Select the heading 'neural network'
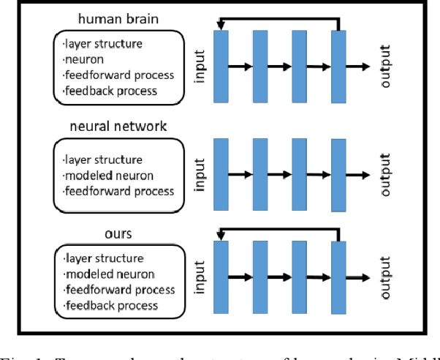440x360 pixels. point(118,127)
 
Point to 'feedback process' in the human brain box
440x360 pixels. point(110,91)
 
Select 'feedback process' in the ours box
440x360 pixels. point(110,304)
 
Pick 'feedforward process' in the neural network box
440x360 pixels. point(118,191)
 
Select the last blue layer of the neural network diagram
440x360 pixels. point(338,174)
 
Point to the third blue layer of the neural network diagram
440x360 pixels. point(300,174)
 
